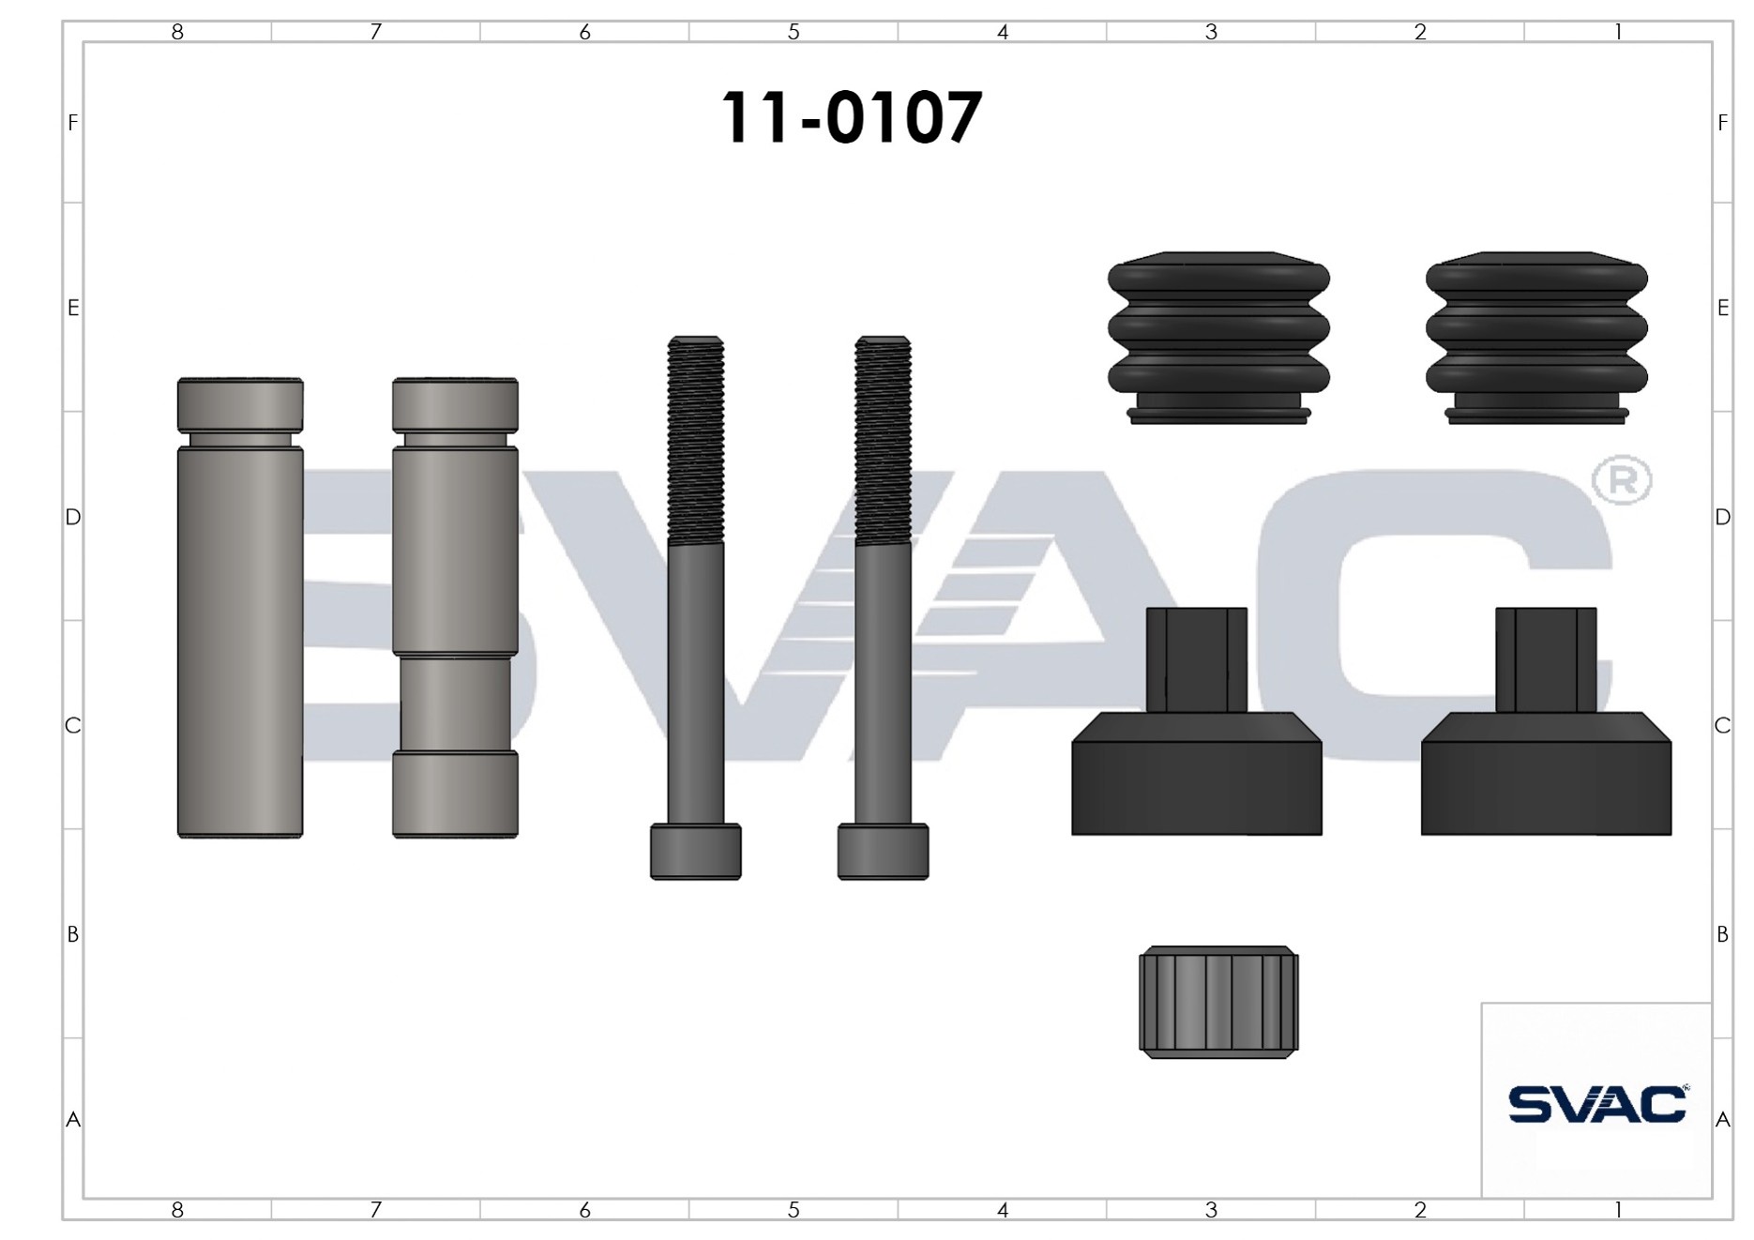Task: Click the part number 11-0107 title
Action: tap(851, 118)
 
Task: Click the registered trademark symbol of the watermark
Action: tap(1622, 480)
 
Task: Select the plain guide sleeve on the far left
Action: tap(240, 608)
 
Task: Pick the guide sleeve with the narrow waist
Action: tap(455, 608)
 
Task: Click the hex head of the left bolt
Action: tap(696, 852)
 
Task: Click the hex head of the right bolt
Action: tap(883, 852)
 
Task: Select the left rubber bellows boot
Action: tap(1218, 338)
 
